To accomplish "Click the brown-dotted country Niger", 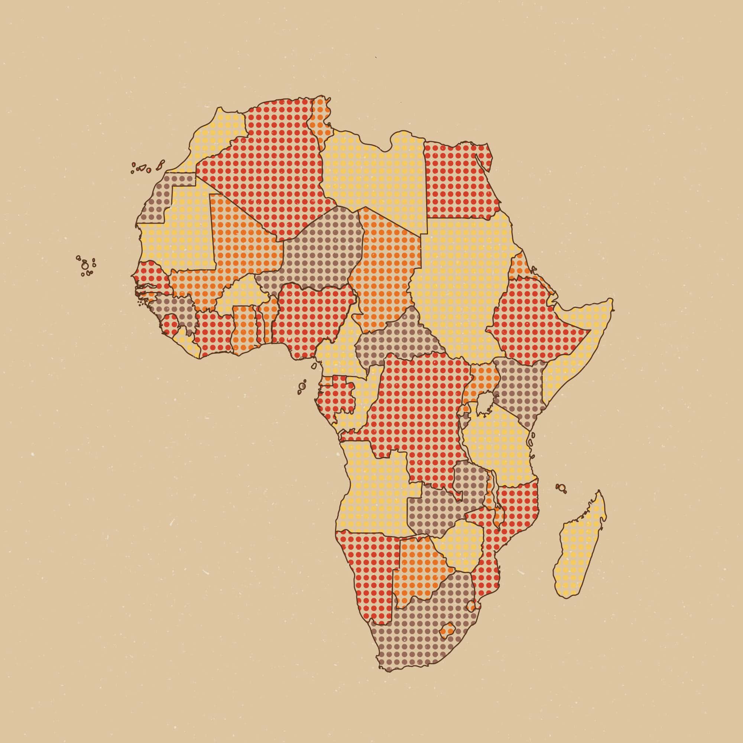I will click(323, 250).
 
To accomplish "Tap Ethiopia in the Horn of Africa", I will click(531, 323).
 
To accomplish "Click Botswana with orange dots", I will click(419, 569).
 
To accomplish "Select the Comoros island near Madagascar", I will click(562, 488).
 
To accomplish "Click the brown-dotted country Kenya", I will click(519, 389).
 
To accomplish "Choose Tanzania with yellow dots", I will click(496, 442).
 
